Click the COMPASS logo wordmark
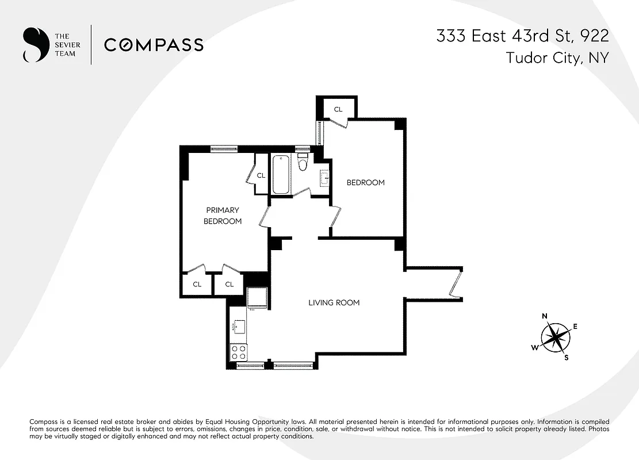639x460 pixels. point(154,45)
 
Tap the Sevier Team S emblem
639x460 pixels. point(35,45)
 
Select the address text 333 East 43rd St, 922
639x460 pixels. point(522,36)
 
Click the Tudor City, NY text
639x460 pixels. point(557,58)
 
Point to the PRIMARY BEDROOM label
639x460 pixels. point(223,216)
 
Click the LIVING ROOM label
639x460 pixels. point(334,302)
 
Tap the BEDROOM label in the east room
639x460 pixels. point(365,182)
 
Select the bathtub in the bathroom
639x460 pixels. point(282,174)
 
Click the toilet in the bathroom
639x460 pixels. point(303,165)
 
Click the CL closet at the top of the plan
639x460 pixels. point(338,109)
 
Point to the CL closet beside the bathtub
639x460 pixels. point(261,175)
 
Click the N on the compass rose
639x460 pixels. point(544,316)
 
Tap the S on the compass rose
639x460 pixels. point(566,357)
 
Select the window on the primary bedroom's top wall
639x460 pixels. point(224,149)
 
